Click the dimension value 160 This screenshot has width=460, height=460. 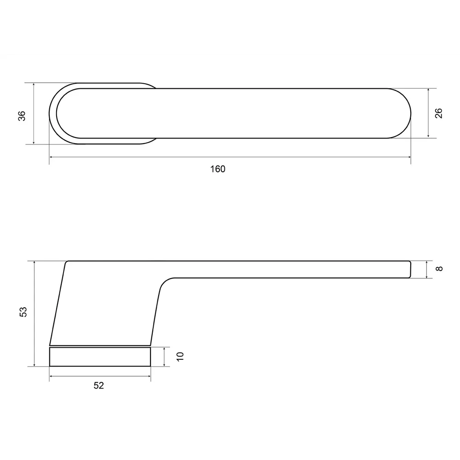pyautogui.click(x=218, y=169)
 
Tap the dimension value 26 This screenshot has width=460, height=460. pyautogui.click(x=438, y=113)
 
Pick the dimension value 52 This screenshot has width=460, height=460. pyautogui.click(x=99, y=385)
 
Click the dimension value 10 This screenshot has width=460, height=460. pyautogui.click(x=180, y=356)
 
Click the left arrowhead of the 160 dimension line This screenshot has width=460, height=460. pyautogui.click(x=51, y=157)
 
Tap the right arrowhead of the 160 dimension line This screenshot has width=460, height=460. pyautogui.click(x=409, y=157)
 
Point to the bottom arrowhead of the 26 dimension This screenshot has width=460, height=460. pyautogui.click(x=428, y=136)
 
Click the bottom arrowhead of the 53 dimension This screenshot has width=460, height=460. pyautogui.click(x=34, y=364)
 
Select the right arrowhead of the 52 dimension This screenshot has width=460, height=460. pyautogui.click(x=149, y=376)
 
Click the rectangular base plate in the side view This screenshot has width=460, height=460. pyautogui.click(x=100, y=356)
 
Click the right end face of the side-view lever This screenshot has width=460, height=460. pyautogui.click(x=409, y=269)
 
